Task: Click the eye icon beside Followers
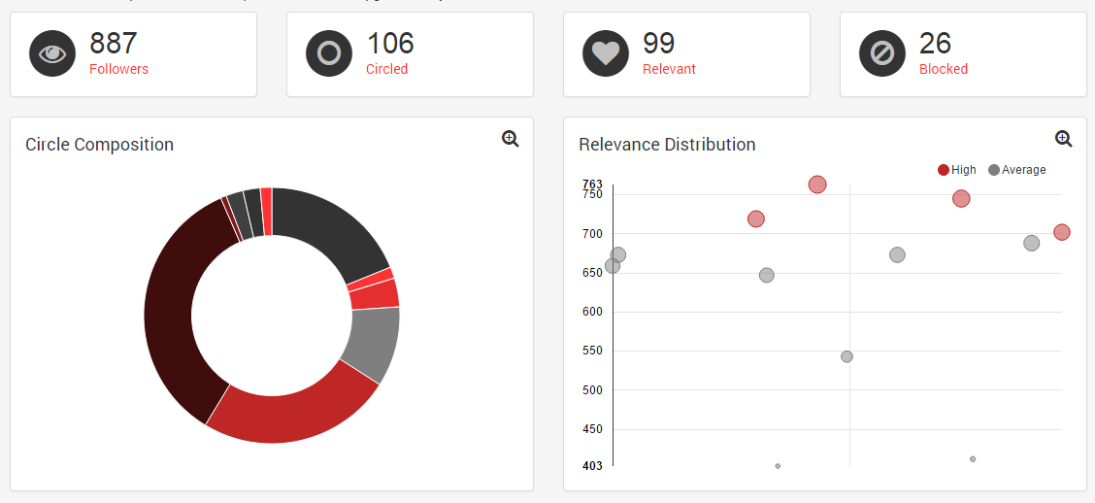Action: click(x=52, y=54)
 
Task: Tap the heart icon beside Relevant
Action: click(x=606, y=54)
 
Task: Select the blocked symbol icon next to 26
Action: click(x=882, y=54)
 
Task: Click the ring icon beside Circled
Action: click(x=329, y=54)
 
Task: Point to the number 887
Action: click(x=114, y=44)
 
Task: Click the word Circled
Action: click(x=386, y=69)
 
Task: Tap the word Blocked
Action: click(x=943, y=69)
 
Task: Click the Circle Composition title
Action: click(x=99, y=145)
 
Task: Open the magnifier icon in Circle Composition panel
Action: click(x=511, y=139)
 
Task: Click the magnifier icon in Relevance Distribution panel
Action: click(x=1064, y=139)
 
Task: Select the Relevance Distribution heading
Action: click(x=667, y=145)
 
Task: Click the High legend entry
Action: click(x=957, y=170)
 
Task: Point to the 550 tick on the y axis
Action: click(x=592, y=351)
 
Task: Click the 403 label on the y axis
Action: click(x=592, y=466)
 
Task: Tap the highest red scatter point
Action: click(x=817, y=184)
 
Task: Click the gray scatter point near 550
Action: click(x=846, y=356)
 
